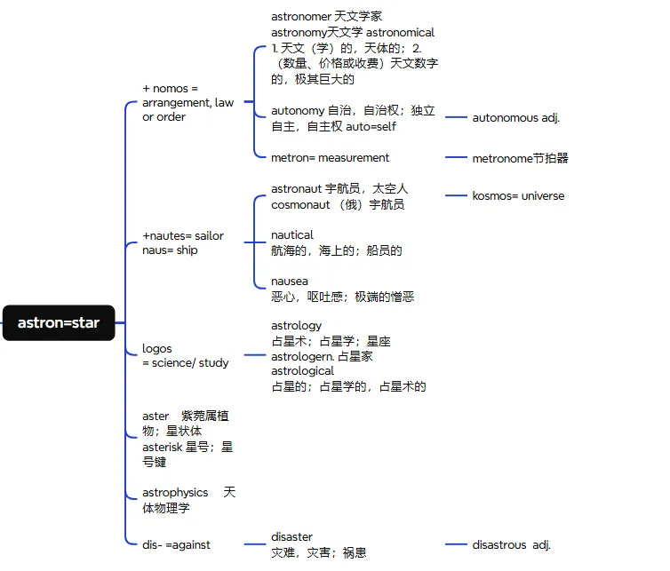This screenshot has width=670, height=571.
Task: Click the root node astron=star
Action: click(x=59, y=323)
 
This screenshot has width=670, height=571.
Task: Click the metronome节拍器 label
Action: click(x=520, y=158)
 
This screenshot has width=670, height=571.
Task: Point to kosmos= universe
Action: click(x=518, y=195)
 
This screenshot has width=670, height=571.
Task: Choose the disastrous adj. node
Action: click(x=511, y=544)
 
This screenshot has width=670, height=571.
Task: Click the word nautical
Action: click(x=292, y=235)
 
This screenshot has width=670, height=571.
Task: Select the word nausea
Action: click(x=290, y=282)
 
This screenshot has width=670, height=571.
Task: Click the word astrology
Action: click(x=296, y=326)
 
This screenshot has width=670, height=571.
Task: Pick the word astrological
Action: click(x=302, y=371)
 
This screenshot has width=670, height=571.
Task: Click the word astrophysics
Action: click(x=175, y=492)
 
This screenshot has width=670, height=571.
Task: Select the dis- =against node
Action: click(x=176, y=544)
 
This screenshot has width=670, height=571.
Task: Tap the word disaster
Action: click(x=291, y=536)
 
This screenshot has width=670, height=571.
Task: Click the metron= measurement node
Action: click(x=330, y=158)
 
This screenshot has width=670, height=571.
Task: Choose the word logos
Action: click(x=157, y=348)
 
